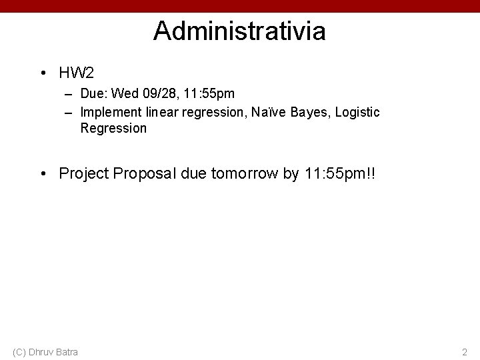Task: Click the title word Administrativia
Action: click(x=239, y=31)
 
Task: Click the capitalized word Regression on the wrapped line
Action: click(x=113, y=128)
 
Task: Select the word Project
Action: click(x=84, y=173)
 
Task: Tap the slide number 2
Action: click(x=464, y=351)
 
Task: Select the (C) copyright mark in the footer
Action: click(x=19, y=351)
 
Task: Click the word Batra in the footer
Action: click(x=67, y=351)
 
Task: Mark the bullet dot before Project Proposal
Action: click(x=43, y=174)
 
